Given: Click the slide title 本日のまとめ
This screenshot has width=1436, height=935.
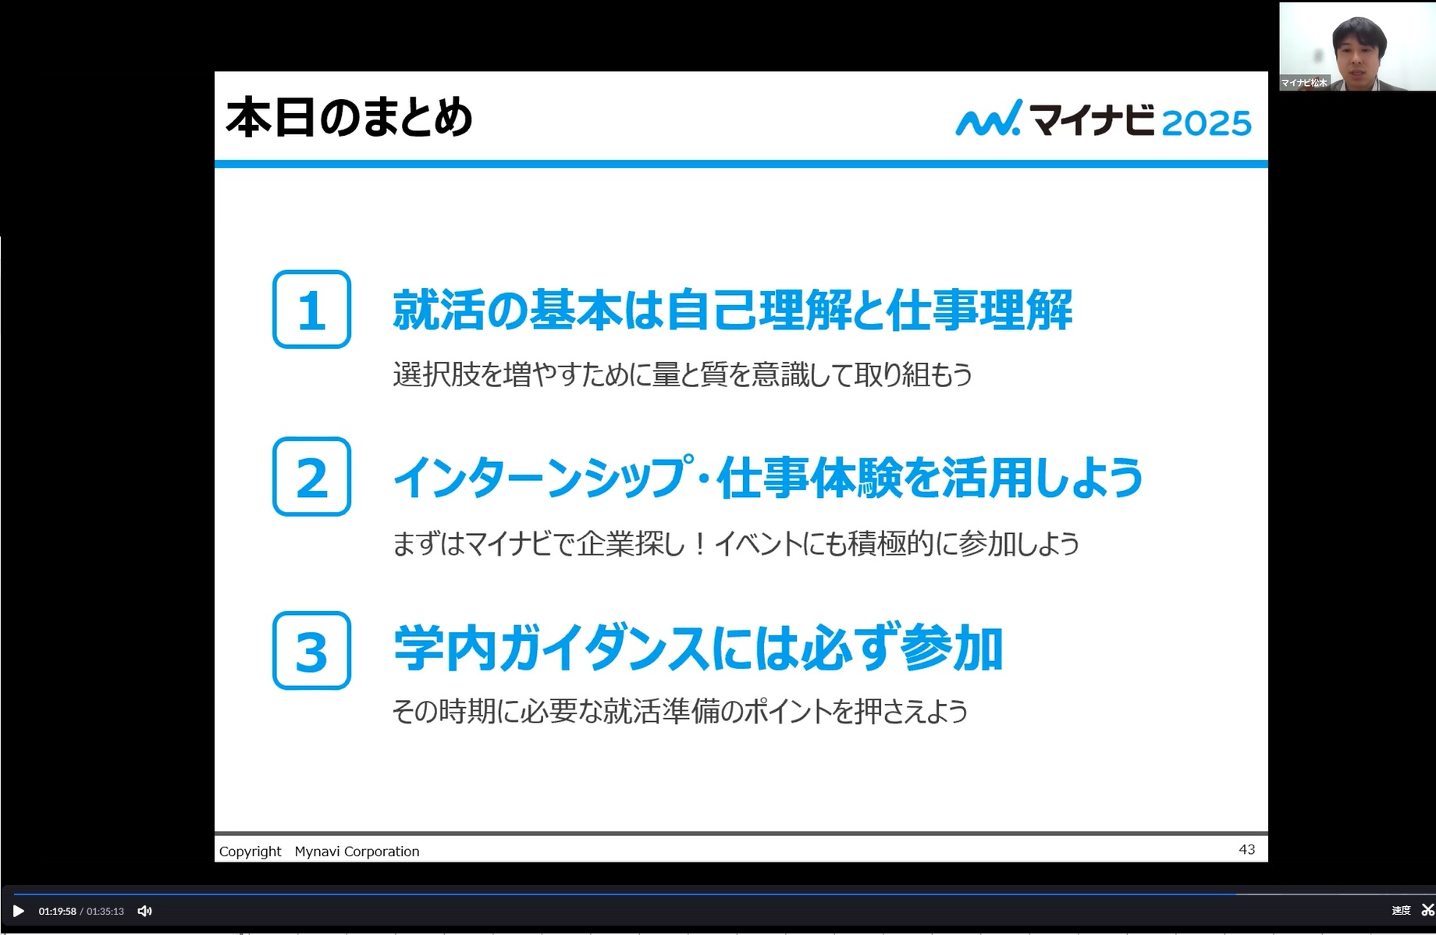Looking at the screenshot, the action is (349, 118).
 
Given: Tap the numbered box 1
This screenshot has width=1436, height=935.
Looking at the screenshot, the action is (311, 309).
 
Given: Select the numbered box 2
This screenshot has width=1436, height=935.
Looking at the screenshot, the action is (311, 476).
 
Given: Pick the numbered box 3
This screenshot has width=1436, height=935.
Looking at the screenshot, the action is (311, 650).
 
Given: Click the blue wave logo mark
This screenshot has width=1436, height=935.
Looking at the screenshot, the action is (988, 118).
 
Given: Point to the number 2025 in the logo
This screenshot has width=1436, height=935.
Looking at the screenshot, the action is (1207, 123).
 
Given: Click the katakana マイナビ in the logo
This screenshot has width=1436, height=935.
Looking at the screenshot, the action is (1092, 119).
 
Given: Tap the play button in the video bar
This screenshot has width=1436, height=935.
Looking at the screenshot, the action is (19, 911).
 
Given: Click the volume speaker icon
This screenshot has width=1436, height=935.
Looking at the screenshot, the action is (144, 911).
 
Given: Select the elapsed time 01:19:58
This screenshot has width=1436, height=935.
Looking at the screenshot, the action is (58, 912).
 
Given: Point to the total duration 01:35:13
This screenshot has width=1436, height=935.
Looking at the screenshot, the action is (105, 912).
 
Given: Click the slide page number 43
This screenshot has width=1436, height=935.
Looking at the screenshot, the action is (1247, 849).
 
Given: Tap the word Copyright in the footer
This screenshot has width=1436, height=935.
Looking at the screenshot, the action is (250, 851).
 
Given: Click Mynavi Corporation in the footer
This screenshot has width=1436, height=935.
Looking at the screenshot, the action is (357, 851).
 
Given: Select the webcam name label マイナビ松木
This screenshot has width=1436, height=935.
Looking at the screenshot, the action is (1304, 83).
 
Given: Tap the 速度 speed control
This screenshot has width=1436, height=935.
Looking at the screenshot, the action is (1401, 911).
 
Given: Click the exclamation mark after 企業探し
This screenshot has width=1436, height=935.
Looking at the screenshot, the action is (700, 544).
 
